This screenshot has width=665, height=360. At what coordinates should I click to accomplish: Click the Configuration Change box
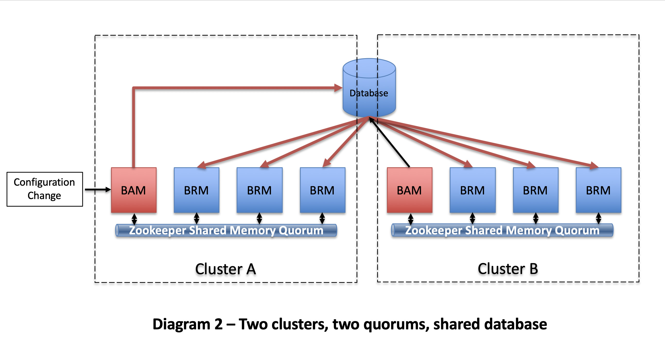tap(45, 189)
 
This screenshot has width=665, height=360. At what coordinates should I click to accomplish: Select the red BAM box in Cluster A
tap(134, 190)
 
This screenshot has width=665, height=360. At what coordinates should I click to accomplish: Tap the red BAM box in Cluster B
tap(409, 190)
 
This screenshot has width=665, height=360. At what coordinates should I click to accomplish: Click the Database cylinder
tap(369, 88)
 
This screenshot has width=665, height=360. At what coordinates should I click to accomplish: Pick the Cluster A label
tap(225, 269)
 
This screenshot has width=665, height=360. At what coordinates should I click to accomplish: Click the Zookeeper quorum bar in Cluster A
tap(226, 230)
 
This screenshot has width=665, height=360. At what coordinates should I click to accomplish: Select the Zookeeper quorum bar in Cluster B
tap(502, 230)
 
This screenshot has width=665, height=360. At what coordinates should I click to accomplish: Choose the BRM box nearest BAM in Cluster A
tap(196, 190)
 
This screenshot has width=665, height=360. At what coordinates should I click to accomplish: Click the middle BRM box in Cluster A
tap(259, 190)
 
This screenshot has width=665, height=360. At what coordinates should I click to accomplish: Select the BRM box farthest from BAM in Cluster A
tap(322, 190)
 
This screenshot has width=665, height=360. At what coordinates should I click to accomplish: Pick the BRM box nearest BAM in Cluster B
tap(472, 190)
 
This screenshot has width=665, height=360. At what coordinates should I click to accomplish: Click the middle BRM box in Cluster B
tap(536, 190)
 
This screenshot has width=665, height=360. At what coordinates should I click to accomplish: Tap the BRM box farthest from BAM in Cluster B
tap(598, 190)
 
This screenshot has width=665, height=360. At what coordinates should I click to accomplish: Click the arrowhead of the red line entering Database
tap(338, 88)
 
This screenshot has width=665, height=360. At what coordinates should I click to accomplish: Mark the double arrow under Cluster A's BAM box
tap(134, 219)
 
